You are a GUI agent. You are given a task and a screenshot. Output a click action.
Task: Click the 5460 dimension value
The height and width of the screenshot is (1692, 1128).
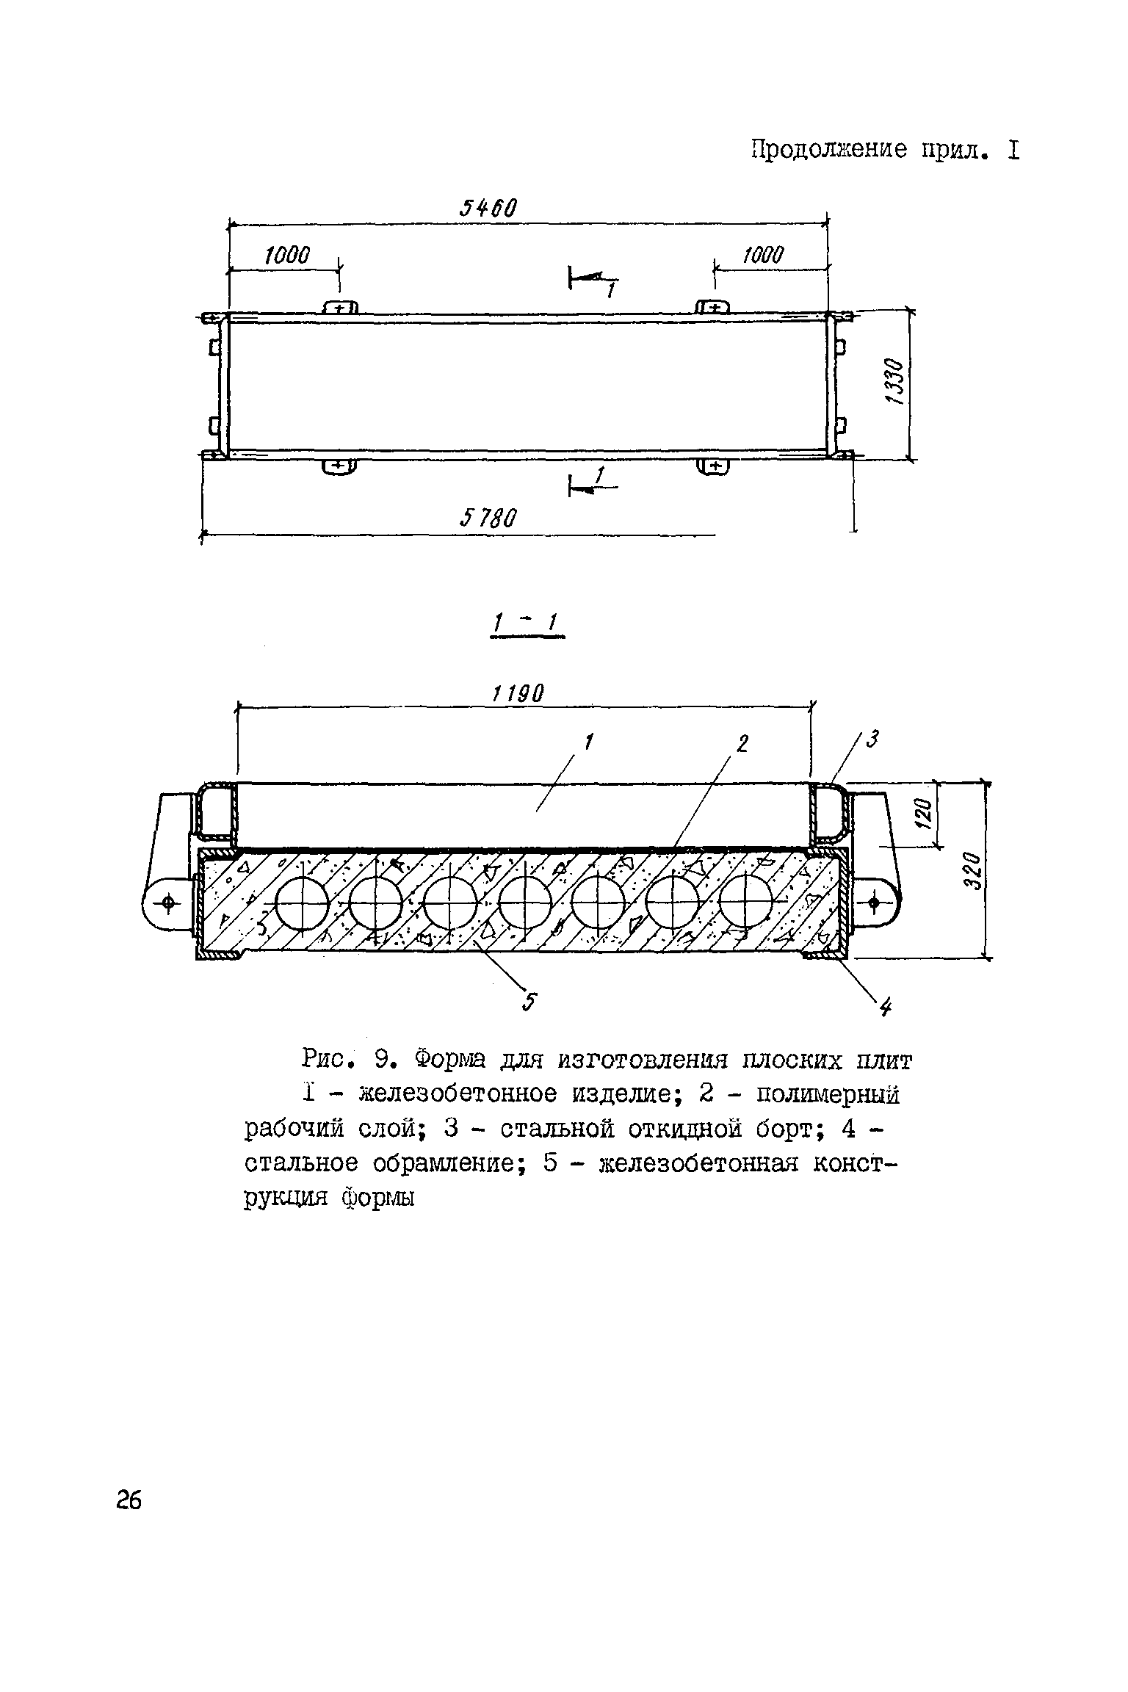coord(488,209)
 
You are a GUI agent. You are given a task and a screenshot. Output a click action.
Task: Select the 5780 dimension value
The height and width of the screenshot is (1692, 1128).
coord(488,519)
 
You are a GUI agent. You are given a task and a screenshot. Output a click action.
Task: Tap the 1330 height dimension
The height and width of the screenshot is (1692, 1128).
coord(894,383)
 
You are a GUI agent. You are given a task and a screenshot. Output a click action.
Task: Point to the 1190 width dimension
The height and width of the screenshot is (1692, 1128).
coord(518,693)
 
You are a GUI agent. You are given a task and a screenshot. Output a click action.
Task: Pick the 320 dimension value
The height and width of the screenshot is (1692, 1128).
coord(973,871)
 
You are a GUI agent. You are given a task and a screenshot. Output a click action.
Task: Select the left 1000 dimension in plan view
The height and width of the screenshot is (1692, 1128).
coord(288,256)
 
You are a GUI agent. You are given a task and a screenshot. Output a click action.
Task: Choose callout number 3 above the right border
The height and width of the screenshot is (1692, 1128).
coord(872,740)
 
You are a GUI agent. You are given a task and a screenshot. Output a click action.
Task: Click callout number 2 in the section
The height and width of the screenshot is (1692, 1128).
coord(742,745)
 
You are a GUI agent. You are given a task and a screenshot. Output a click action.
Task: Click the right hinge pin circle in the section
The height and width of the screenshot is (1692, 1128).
coord(875,901)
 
